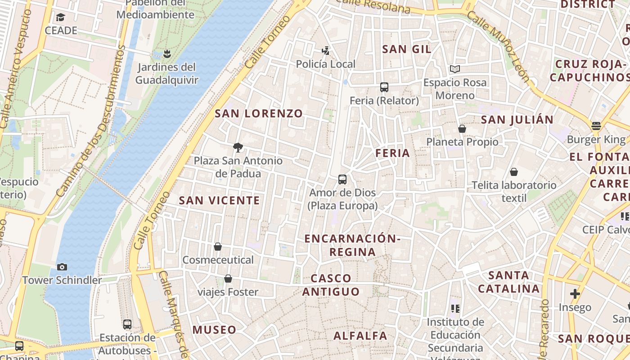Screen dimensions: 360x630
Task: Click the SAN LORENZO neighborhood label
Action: (x=259, y=113)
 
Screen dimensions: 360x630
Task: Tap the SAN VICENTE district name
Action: (x=220, y=201)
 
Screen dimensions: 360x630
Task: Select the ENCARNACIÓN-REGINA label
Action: (x=352, y=245)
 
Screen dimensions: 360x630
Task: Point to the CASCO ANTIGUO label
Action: (x=331, y=285)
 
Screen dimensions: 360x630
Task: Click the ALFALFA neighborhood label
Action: (x=360, y=336)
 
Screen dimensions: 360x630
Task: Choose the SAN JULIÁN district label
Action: (x=517, y=120)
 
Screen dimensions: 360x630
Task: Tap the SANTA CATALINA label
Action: (x=508, y=282)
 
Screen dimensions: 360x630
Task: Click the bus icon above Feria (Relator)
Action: (x=384, y=87)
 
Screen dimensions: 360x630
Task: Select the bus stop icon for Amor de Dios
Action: (x=342, y=180)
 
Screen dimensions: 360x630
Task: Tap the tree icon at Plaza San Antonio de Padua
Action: (x=238, y=147)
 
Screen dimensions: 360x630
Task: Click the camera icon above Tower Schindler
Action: (x=62, y=267)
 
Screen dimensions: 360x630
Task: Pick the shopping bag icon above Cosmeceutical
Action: (x=218, y=247)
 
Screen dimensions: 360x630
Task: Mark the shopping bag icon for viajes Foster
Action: (x=228, y=279)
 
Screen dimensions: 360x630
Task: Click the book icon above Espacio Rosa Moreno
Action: (x=455, y=69)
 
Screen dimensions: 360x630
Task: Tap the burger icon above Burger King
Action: (x=596, y=126)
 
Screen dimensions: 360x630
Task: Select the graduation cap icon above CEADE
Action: (x=60, y=17)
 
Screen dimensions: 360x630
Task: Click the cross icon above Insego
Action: (x=575, y=294)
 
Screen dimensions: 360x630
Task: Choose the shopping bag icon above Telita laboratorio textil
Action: (x=514, y=172)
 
